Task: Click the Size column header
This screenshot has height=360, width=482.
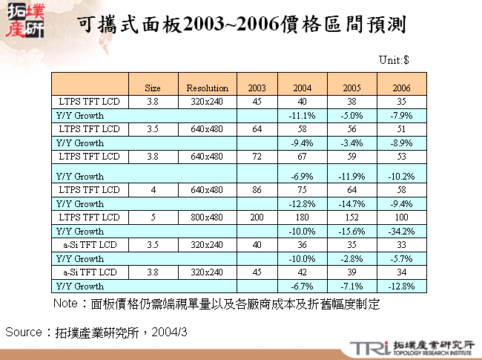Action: tap(153, 88)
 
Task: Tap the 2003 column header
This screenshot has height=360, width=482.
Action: tap(256, 88)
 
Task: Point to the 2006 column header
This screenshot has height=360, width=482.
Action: tap(402, 88)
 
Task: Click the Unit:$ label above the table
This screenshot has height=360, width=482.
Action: tap(395, 60)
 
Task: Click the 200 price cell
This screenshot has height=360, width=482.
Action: tap(257, 217)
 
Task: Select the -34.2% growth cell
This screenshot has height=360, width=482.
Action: tap(402, 231)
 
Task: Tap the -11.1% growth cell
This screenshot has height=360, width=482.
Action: tap(302, 116)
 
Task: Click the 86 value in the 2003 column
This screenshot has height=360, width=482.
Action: tap(257, 190)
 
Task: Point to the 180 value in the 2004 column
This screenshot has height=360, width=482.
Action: tap(302, 217)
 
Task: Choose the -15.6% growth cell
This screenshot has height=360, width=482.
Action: tap(353, 231)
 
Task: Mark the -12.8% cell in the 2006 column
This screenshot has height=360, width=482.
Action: tap(402, 286)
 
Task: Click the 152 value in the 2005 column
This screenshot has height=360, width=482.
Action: tap(353, 217)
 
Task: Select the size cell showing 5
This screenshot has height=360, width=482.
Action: tap(153, 217)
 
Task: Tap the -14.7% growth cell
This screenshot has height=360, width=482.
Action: tap(353, 203)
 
